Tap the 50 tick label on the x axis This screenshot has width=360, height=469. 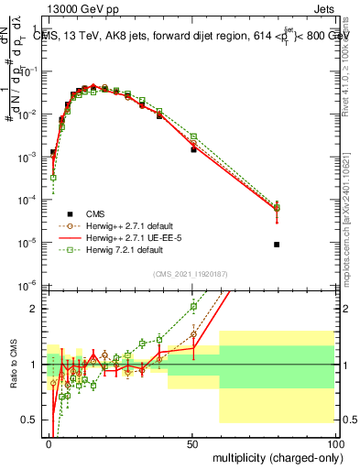(x=193, y=443)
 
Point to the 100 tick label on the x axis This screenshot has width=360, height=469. (x=337, y=443)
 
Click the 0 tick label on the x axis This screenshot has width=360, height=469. (x=49, y=443)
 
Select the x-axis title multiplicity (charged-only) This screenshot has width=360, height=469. (x=276, y=455)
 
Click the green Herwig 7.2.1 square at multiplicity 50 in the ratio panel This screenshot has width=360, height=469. (x=193, y=307)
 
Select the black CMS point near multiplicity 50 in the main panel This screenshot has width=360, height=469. (x=193, y=149)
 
